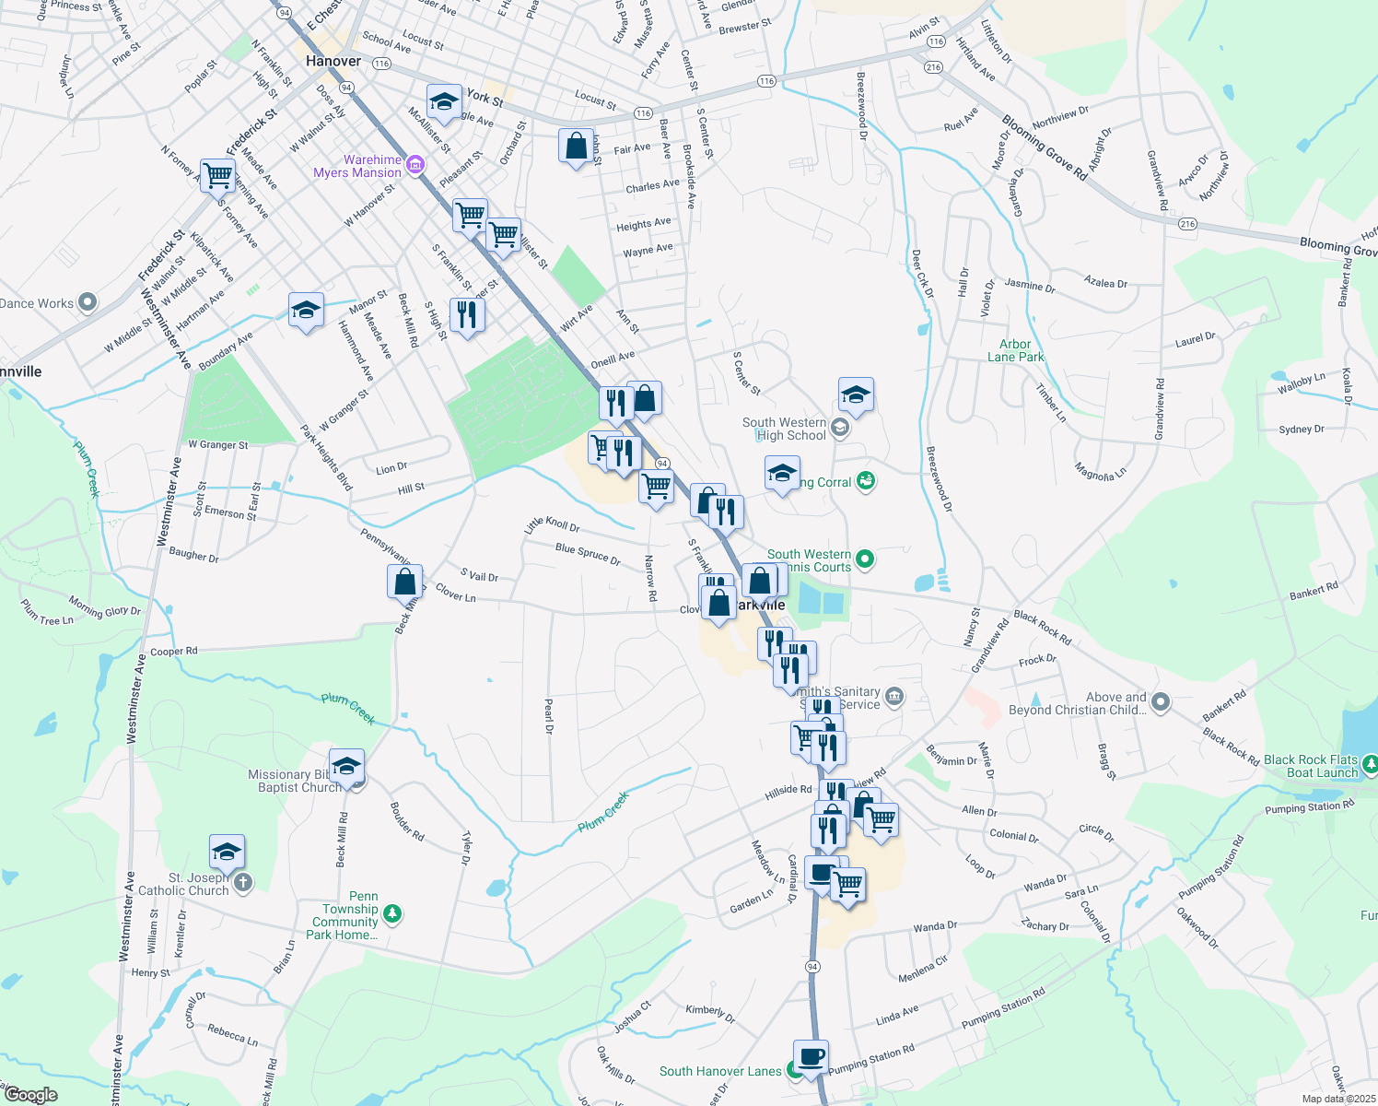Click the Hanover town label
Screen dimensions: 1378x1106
[333, 62]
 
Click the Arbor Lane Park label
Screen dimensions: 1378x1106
[1015, 350]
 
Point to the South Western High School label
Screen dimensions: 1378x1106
[784, 429]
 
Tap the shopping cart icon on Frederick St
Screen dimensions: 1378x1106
[218, 174]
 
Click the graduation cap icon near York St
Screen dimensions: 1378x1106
[444, 102]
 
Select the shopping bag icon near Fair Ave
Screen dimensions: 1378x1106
[576, 147]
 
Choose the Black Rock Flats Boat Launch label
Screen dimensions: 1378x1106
[1311, 766]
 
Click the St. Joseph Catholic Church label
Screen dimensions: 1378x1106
[184, 884]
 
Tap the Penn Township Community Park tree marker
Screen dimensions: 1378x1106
[392, 913]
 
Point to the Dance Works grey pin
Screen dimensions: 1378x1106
[88, 301]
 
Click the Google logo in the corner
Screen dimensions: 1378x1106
[30, 1095]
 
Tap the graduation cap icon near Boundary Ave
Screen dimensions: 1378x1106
[306, 311]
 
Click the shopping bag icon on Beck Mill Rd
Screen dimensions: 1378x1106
[405, 582]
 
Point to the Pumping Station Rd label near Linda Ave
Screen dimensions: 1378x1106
[1003, 1008]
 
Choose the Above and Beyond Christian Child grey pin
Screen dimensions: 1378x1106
[1161, 702]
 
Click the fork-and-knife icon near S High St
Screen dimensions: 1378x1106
[467, 315]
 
